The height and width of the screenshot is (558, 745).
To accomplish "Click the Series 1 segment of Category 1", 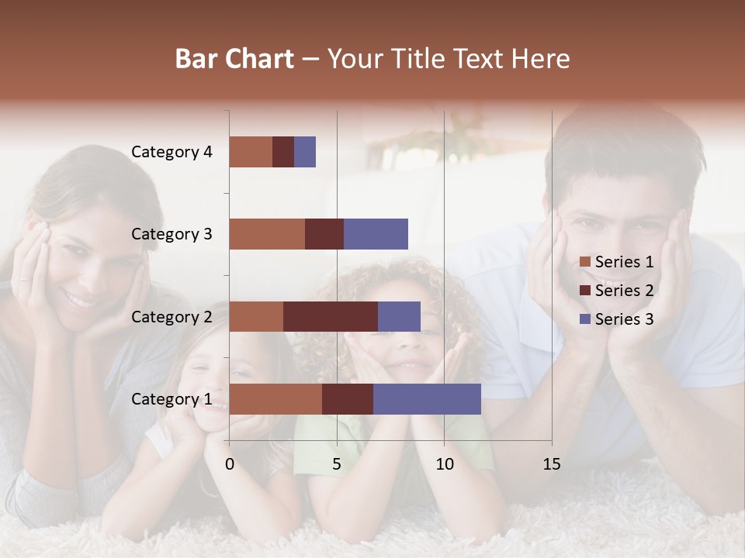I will [x=275, y=399].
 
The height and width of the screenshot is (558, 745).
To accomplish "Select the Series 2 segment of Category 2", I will [x=331, y=316].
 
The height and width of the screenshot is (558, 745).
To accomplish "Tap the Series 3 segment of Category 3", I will [x=376, y=234].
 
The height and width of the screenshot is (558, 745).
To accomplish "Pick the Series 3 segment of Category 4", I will [x=305, y=152].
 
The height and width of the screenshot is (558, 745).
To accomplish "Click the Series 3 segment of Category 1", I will [x=427, y=399].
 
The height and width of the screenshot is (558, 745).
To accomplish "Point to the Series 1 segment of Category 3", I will [x=267, y=234].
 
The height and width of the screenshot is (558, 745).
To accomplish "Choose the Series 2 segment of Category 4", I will [x=283, y=152].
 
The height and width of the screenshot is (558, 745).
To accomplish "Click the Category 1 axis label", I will [x=172, y=399].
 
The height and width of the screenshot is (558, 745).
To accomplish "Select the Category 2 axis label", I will [x=172, y=316].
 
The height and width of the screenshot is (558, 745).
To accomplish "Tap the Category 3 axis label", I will [x=172, y=234].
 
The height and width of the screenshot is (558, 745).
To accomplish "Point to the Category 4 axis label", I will [x=172, y=152].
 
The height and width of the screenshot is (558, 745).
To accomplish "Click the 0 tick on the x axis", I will [x=230, y=464].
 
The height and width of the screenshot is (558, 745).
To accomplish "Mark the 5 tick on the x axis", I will [x=337, y=464].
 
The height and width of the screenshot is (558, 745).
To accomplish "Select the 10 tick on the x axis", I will [x=444, y=464].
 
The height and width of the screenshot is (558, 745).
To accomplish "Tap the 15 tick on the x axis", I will [x=552, y=464].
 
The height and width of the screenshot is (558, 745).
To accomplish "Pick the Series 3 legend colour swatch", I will [x=585, y=319].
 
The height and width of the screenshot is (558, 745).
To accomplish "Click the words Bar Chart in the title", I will [x=234, y=59].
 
